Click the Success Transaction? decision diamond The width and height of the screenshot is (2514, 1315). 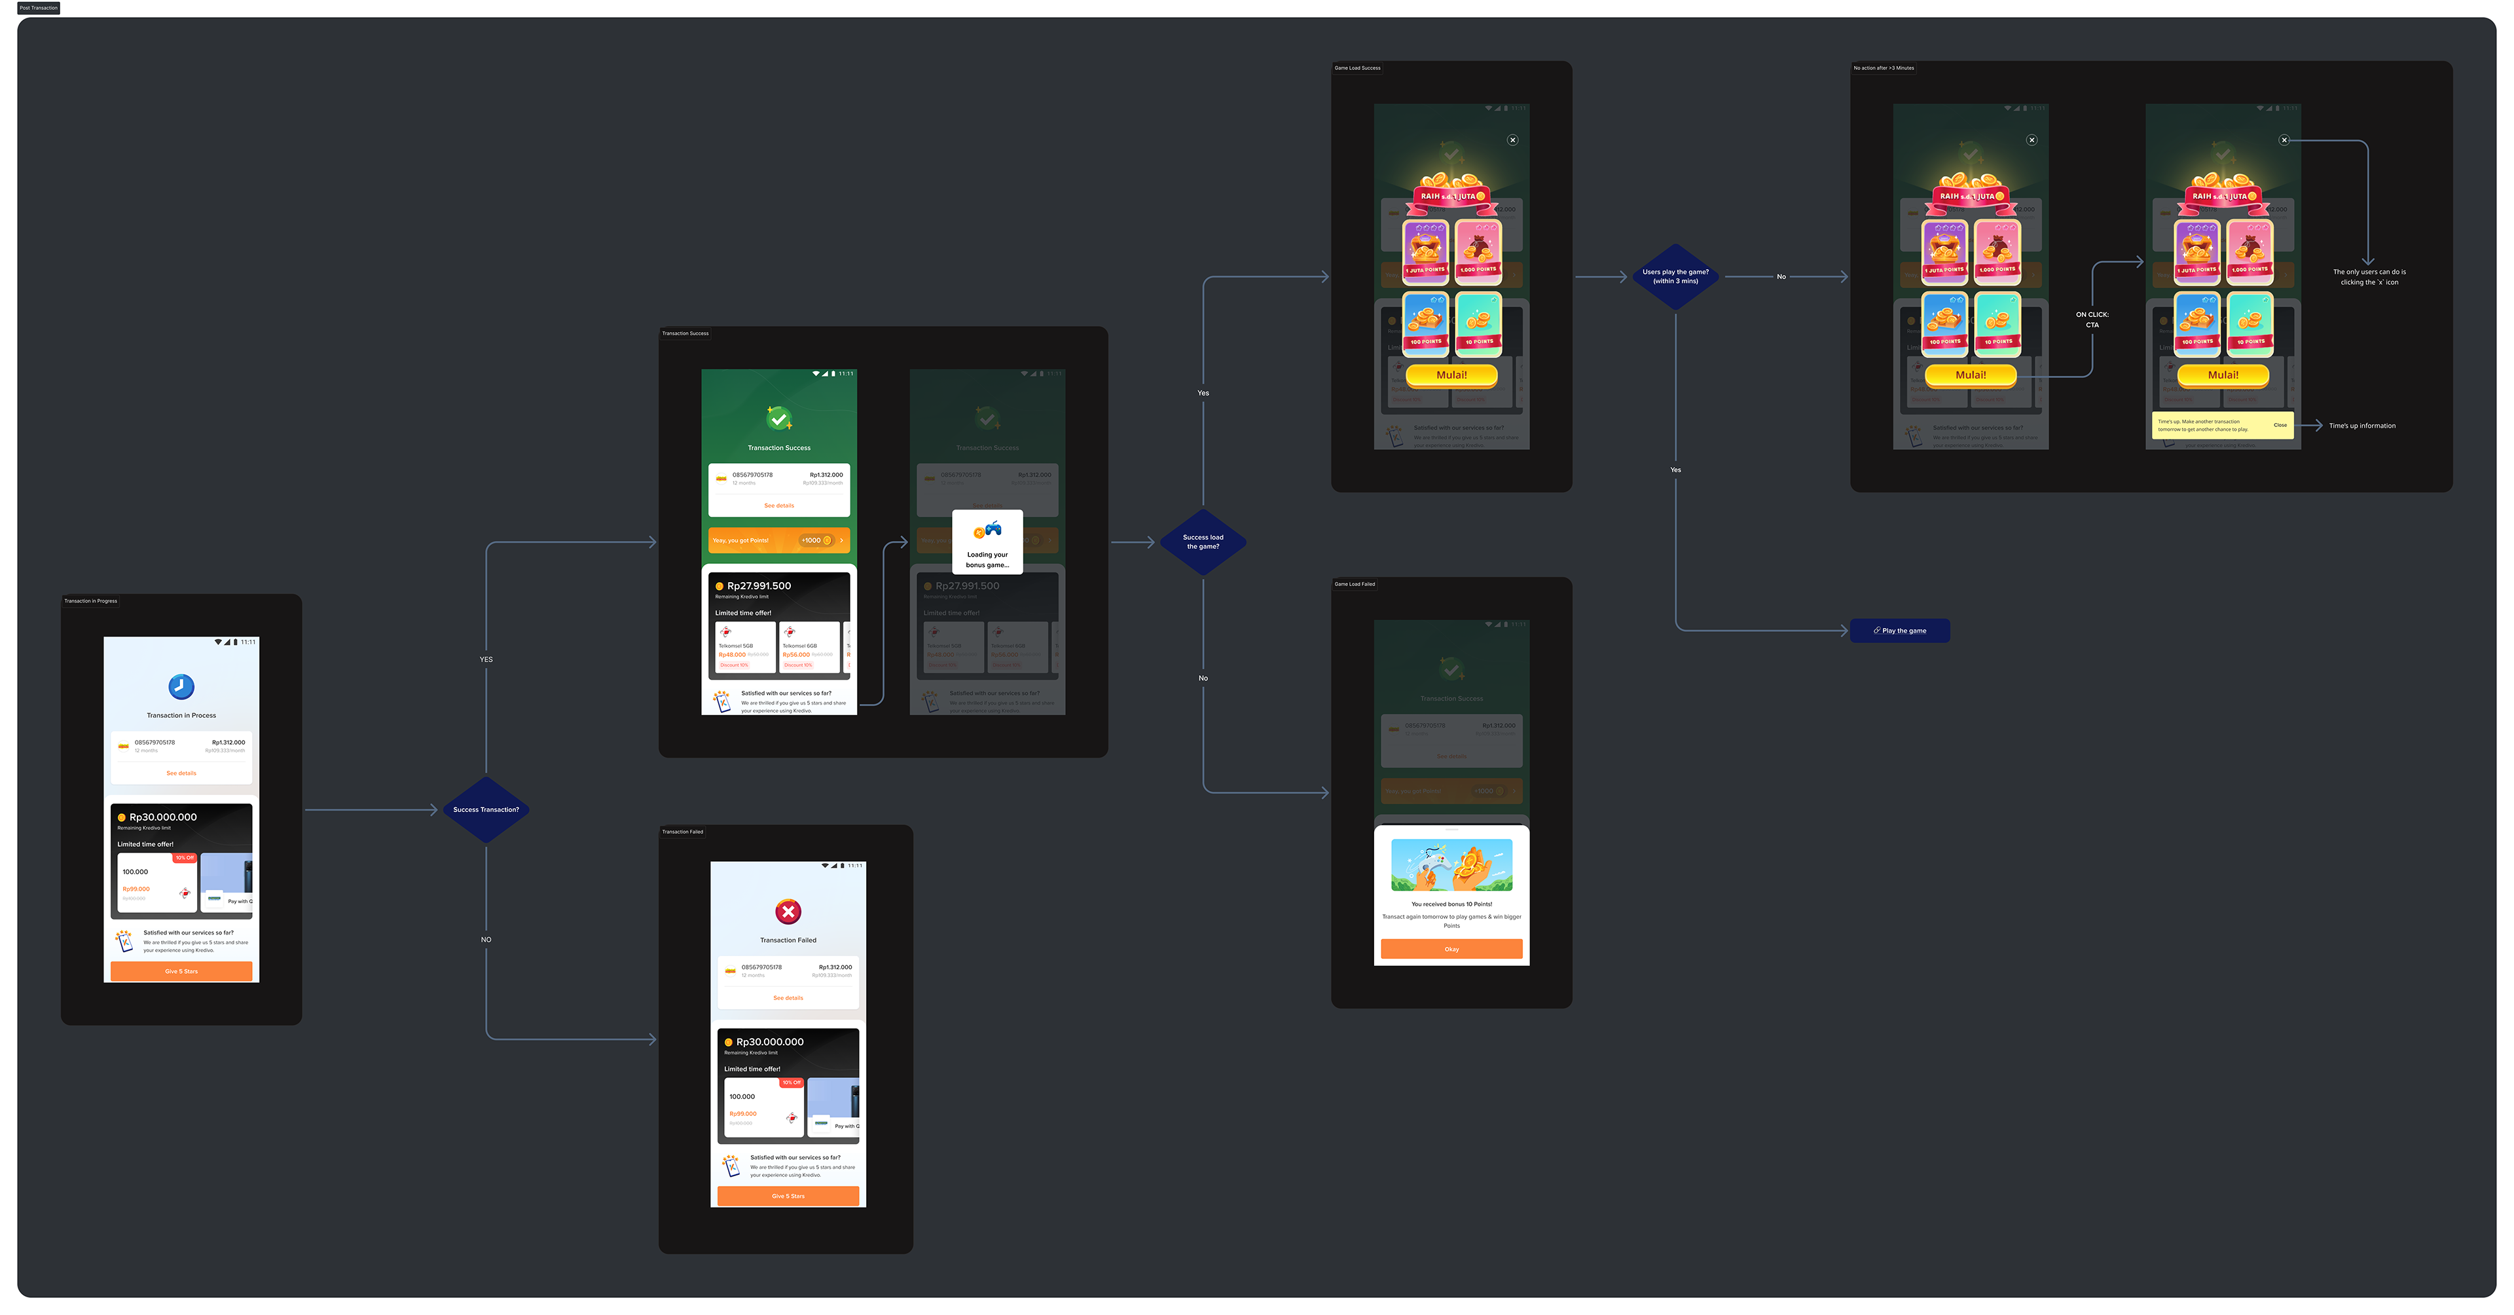point(486,809)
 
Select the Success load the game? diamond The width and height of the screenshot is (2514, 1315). point(1203,542)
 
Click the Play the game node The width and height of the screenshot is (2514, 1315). point(1899,631)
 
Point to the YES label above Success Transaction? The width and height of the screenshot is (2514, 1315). point(486,659)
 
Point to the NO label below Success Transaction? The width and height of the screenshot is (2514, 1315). point(486,939)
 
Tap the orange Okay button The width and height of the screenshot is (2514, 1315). point(1451,949)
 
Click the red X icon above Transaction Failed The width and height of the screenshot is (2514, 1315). point(788,912)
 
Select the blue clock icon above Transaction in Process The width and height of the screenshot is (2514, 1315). point(181,686)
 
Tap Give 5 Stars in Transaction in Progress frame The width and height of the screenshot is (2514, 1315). point(181,971)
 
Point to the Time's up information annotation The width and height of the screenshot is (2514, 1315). point(2361,426)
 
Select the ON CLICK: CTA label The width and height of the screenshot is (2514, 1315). point(2092,319)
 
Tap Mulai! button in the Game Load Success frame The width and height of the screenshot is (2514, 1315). point(1451,375)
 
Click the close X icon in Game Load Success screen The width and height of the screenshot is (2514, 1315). point(1513,139)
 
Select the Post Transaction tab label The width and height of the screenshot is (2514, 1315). point(39,8)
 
